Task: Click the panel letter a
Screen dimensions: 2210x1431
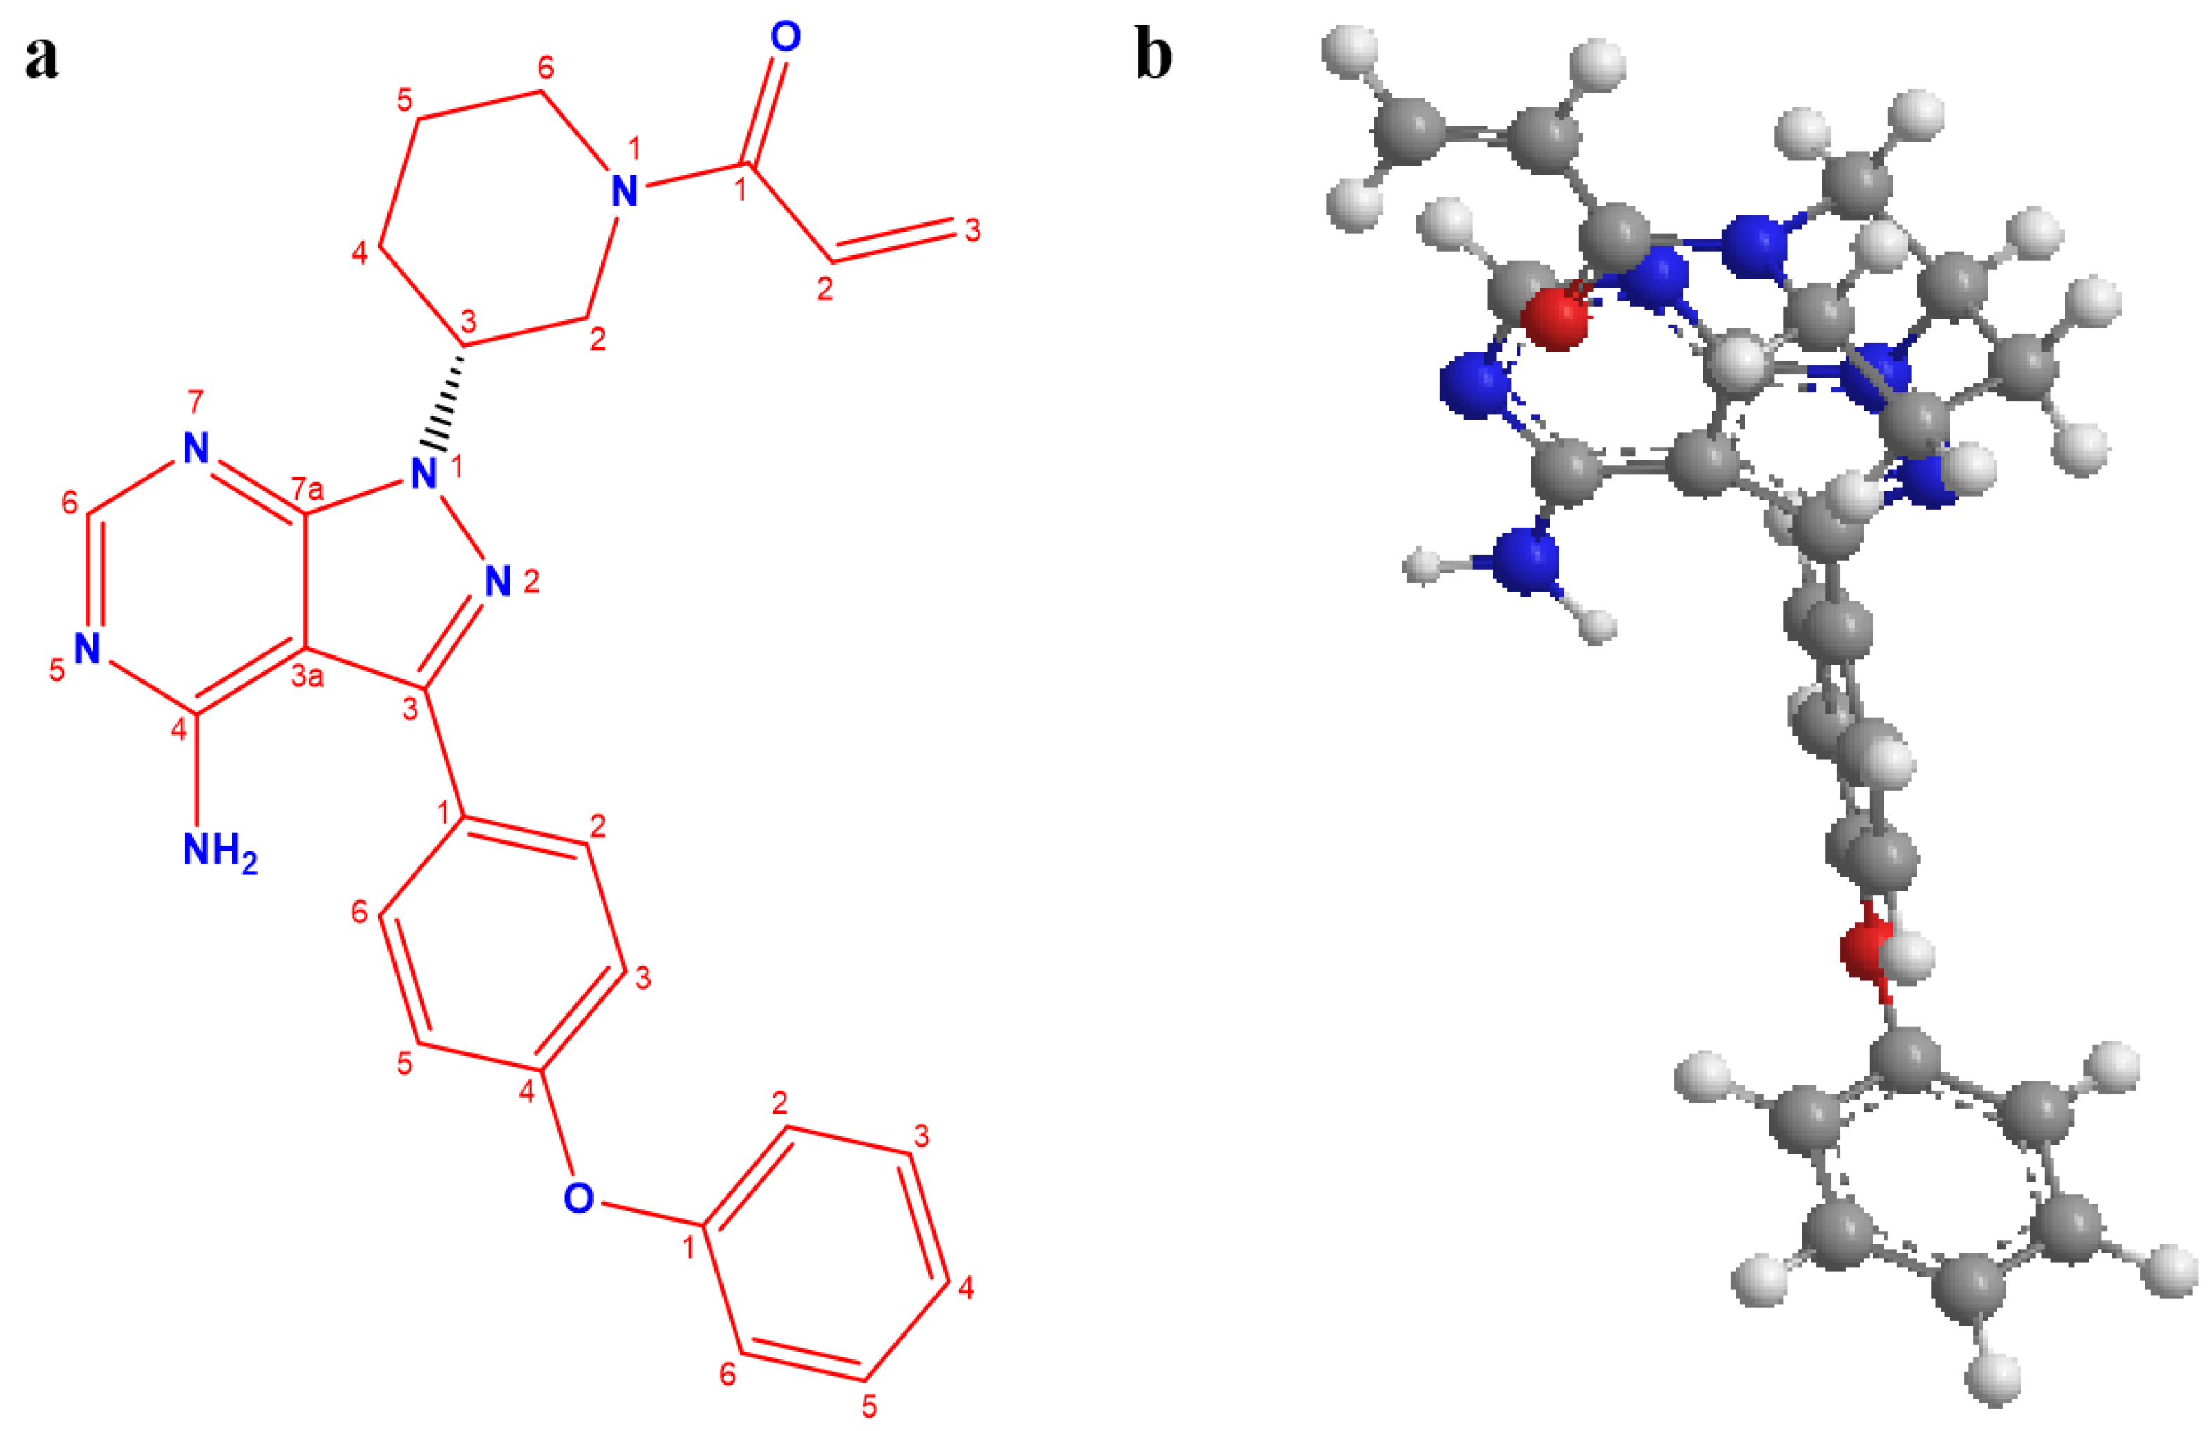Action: (x=42, y=58)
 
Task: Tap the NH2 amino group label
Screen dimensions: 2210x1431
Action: (x=219, y=851)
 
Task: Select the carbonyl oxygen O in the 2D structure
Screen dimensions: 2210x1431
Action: (x=785, y=37)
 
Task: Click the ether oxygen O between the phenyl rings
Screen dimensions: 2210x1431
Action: (x=578, y=1198)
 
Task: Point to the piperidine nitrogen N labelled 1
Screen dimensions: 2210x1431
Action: (x=625, y=192)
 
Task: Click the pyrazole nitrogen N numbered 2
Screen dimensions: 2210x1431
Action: (x=499, y=583)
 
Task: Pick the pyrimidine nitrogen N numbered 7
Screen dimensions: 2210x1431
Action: (x=195, y=448)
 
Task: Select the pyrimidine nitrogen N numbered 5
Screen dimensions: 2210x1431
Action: (x=88, y=649)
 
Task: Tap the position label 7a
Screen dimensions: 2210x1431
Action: (x=307, y=488)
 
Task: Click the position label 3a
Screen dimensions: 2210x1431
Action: (x=307, y=676)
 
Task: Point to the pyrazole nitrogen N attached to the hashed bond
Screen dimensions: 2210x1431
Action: (x=423, y=474)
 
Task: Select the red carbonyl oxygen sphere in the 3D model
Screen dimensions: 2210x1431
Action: (x=1558, y=319)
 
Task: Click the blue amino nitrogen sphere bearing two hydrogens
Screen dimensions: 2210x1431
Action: (x=1529, y=560)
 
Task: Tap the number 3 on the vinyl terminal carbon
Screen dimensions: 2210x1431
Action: (x=972, y=229)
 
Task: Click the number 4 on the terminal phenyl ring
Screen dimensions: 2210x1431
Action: (x=966, y=1287)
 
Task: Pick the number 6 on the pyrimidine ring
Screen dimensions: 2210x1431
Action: (x=69, y=502)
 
